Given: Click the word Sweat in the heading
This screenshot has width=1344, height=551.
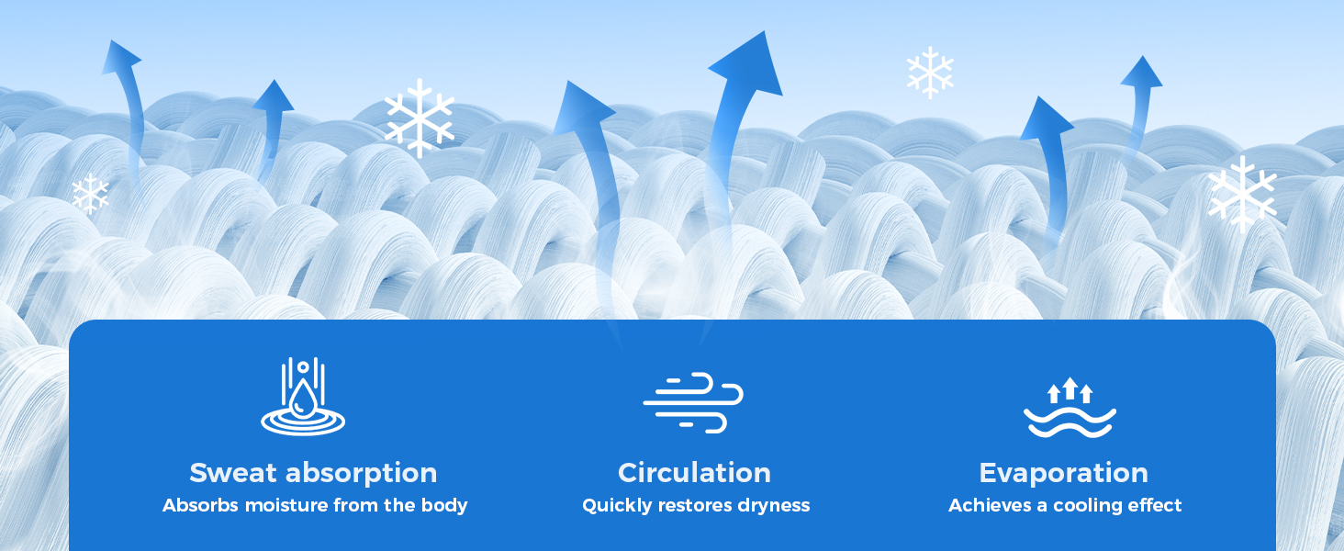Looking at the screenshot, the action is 233,473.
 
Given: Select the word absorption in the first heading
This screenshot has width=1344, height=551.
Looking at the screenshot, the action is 361,474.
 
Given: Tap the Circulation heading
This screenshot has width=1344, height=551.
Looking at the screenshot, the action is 694,473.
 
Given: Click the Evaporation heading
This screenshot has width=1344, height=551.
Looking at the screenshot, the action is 1063,474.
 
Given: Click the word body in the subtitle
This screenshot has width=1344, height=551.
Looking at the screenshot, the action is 444,505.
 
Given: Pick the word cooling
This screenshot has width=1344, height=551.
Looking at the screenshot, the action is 1088,506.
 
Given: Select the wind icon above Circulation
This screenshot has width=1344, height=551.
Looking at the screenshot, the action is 693,402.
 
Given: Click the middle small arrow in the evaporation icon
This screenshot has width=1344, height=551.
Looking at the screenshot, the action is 1070,388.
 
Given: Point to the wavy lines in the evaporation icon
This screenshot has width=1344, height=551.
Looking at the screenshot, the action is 1070,422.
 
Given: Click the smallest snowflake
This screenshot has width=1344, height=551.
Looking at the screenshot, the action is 90,193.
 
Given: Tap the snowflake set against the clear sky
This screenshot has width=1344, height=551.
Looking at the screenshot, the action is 930,72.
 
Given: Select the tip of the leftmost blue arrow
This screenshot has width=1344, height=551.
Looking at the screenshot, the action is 110,40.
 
